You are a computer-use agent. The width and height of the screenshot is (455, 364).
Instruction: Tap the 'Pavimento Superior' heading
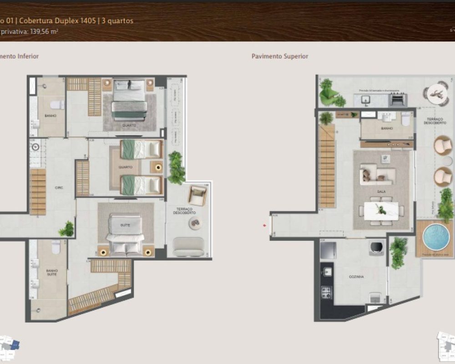tap(280, 56)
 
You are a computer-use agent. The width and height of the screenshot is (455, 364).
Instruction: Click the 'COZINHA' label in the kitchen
tap(357, 276)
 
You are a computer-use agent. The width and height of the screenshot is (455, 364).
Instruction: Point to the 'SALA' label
tap(381, 192)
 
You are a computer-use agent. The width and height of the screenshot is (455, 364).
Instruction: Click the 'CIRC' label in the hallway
tap(58, 188)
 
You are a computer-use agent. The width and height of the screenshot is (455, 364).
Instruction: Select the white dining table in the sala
tap(381, 210)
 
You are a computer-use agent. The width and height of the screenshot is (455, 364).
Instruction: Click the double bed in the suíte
tap(125, 236)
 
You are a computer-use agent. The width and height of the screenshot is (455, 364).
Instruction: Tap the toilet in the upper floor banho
tap(406, 119)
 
